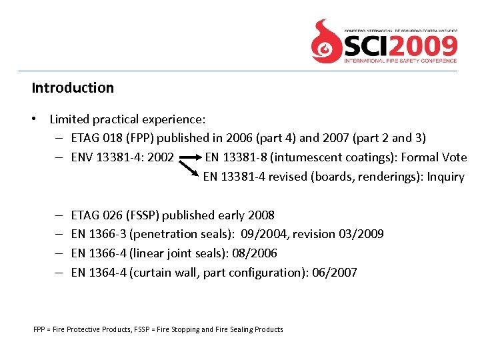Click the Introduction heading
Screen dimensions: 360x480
[73, 88]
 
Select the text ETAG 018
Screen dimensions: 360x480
[93, 138]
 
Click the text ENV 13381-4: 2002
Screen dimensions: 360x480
[122, 157]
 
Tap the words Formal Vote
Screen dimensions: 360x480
[434, 157]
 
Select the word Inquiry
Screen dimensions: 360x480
[445, 177]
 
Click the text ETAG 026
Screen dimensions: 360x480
[94, 215]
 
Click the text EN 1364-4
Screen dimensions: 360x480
[98, 273]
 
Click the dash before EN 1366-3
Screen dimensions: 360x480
[59, 234]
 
